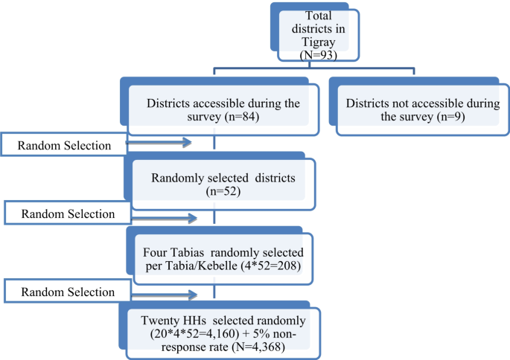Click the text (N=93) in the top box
318,56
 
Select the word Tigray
318,44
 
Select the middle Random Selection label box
68,213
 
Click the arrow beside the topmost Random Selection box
160,141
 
